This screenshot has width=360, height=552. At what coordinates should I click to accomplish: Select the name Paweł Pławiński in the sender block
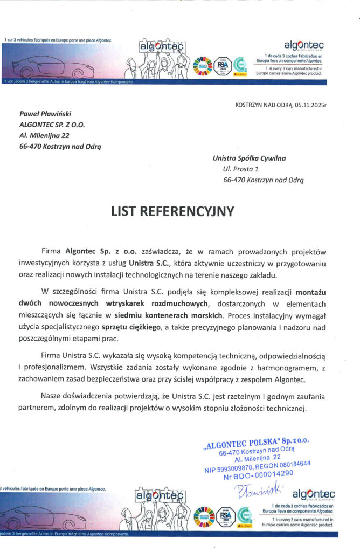[x=41, y=114]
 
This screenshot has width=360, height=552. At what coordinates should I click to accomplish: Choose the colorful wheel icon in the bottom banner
[x=202, y=515]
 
